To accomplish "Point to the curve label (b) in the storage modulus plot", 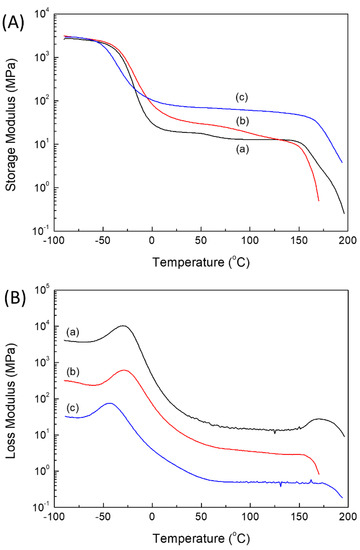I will [237, 121].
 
